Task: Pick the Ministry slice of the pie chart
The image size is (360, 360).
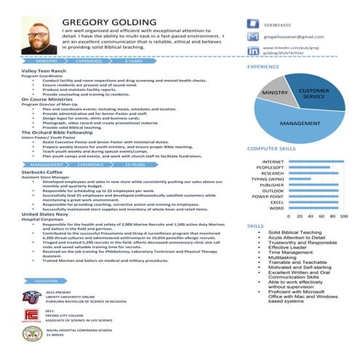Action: [275, 94]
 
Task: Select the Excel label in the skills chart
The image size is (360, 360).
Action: [276, 202]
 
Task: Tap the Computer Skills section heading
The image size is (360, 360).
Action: [272, 148]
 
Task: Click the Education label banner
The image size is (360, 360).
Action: [47, 280]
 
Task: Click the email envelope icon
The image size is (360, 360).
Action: [253, 36]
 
